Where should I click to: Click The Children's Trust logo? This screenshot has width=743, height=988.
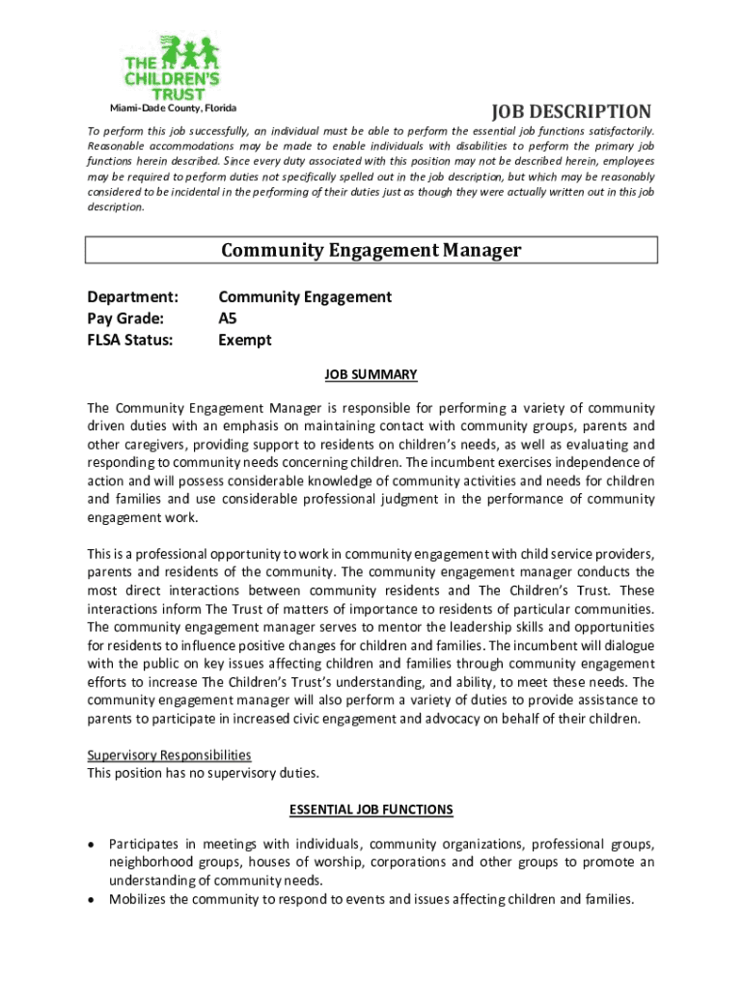[x=172, y=68]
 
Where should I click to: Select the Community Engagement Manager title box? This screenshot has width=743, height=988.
[x=371, y=251]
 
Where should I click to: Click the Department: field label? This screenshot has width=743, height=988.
[x=133, y=297]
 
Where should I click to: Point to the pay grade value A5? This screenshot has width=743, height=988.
[x=228, y=318]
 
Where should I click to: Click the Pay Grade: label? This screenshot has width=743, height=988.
[x=125, y=318]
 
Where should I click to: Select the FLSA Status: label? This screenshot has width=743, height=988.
[x=130, y=340]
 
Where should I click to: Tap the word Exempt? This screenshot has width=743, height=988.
[x=245, y=340]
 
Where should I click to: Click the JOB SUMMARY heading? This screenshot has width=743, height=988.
[x=371, y=373]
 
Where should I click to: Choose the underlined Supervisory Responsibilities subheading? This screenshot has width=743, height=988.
[x=169, y=755]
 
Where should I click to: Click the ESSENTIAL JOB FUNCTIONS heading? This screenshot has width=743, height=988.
[x=371, y=810]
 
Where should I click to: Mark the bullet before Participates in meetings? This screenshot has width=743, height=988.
[x=92, y=844]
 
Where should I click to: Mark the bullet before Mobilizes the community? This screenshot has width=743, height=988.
[x=92, y=899]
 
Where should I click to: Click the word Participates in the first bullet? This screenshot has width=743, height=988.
[x=145, y=843]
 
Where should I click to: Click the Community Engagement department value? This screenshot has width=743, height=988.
[x=305, y=297]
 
